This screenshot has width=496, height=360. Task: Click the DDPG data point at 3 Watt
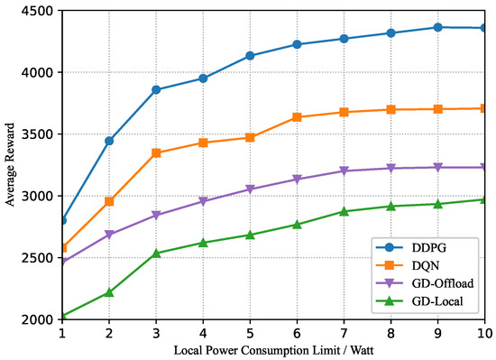[156, 89]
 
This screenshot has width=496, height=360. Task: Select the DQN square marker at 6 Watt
[297, 117]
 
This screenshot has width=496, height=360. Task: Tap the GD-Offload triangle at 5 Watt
[250, 189]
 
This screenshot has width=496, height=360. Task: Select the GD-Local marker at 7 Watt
[344, 211]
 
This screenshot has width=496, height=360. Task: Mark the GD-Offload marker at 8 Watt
[390, 169]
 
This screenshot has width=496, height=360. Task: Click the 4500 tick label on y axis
[40, 11]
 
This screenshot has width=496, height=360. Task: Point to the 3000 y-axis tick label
[40, 196]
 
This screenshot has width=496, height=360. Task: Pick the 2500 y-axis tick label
[40, 258]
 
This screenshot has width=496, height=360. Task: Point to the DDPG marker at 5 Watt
[250, 56]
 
